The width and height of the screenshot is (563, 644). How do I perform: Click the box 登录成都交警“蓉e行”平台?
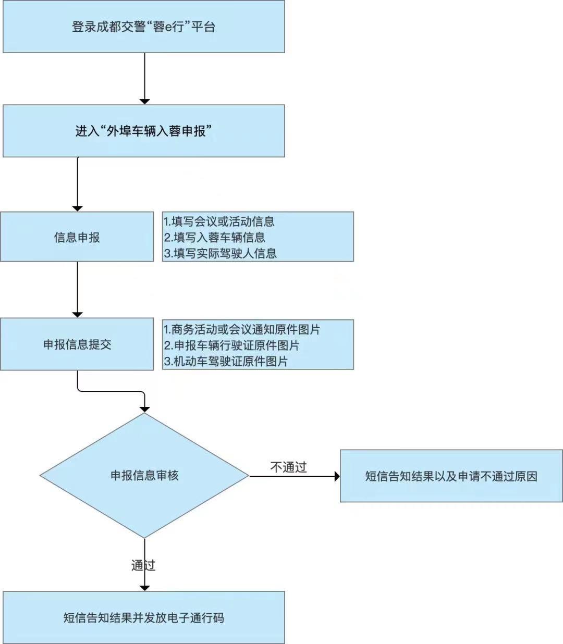click(143, 27)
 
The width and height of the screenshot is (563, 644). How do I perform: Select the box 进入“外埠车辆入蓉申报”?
click(143, 131)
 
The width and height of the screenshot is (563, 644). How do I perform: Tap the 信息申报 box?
click(77, 237)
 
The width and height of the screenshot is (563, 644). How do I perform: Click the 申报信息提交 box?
click(77, 344)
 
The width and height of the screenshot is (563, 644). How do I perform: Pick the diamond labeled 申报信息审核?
click(144, 475)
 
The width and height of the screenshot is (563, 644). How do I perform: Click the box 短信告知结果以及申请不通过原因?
click(451, 476)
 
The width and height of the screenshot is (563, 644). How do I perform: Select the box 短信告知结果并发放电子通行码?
click(143, 618)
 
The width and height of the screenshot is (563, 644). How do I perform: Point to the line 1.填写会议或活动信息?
click(219, 221)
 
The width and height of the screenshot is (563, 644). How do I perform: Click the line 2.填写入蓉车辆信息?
click(214, 238)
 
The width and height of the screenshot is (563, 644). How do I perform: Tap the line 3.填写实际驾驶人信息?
click(220, 253)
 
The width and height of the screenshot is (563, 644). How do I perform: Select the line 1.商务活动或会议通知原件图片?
click(242, 329)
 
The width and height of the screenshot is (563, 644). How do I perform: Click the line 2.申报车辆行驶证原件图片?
click(231, 345)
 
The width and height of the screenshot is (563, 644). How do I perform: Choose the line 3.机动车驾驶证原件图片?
click(226, 361)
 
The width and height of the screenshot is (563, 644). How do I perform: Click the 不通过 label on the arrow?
click(288, 467)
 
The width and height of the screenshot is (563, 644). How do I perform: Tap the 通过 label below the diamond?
click(143, 565)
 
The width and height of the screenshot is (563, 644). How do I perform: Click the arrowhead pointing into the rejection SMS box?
click(337, 476)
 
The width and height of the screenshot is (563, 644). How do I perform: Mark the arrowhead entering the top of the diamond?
click(145, 409)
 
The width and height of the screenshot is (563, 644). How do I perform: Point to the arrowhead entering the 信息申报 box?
click(77, 208)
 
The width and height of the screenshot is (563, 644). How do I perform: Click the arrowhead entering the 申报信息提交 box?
click(77, 314)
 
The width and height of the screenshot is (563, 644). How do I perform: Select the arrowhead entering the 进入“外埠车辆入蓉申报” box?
click(145, 101)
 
